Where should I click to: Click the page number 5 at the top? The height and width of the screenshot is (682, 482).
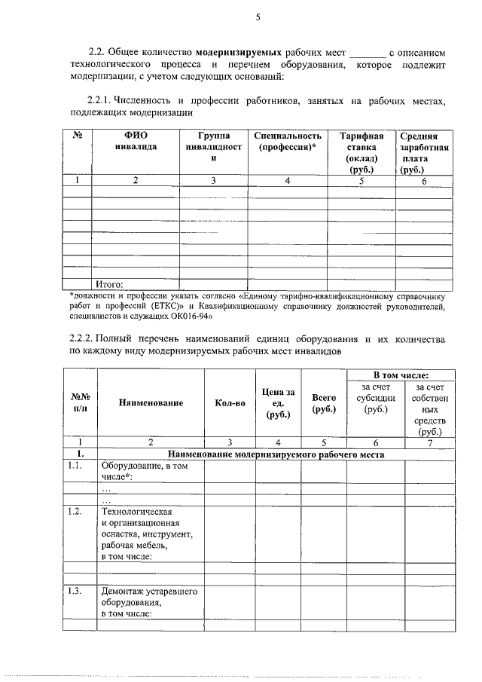[257, 17]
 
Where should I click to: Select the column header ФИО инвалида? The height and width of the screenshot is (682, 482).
[136, 141]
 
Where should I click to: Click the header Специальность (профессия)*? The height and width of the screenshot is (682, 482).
[287, 141]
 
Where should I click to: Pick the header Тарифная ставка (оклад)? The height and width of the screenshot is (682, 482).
[361, 153]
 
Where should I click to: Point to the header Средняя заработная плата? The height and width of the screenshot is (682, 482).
[425, 153]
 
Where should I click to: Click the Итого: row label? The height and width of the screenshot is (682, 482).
[108, 284]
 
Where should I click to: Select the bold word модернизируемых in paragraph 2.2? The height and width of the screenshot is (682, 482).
[239, 53]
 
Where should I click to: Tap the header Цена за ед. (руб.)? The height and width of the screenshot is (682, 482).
[278, 403]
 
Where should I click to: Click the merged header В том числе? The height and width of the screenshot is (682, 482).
[401, 375]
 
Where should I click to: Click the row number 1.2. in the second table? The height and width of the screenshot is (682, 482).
[74, 512]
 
